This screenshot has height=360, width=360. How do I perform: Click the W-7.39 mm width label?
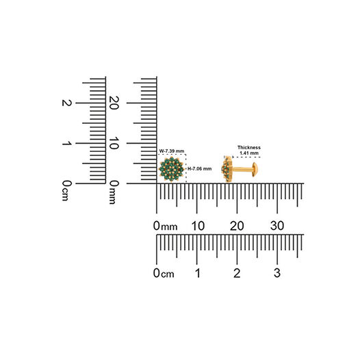coord(172,151)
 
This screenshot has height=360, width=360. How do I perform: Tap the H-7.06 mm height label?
coord(200,169)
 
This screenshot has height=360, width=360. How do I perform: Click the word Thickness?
coord(249,147)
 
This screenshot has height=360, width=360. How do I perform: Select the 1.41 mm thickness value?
coord(249,153)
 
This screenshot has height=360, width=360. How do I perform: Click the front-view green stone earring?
coord(171,170)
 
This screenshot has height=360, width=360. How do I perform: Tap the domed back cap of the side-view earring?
coord(255,170)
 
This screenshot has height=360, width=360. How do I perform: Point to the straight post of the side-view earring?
coord(242,170)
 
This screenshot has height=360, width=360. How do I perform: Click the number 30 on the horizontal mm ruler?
coord(277,226)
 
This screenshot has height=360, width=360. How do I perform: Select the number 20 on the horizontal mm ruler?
coord(237,226)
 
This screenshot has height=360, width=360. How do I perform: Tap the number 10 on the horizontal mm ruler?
coord(198,226)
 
